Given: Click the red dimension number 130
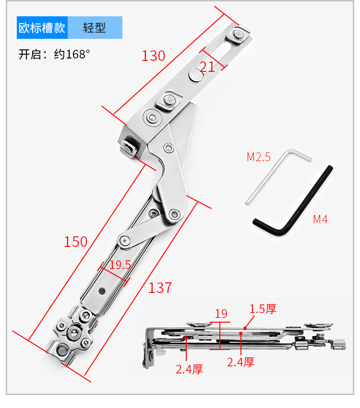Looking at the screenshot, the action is pyautogui.click(x=154, y=56).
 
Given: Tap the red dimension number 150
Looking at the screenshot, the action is pyautogui.click(x=75, y=242).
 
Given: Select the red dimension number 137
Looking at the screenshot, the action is pyautogui.click(x=160, y=288).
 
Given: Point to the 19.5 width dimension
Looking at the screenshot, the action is pyautogui.click(x=120, y=265).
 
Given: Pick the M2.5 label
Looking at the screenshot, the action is pyautogui.click(x=259, y=157).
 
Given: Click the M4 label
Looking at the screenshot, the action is pyautogui.click(x=321, y=220).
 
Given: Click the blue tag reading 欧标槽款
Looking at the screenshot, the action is pyautogui.click(x=42, y=28).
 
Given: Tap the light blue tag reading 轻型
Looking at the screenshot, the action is pyautogui.click(x=95, y=28).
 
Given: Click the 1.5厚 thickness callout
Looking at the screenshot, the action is pyautogui.click(x=263, y=309).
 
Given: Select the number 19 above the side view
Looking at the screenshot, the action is pyautogui.click(x=221, y=314).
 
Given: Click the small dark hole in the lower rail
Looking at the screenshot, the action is pyautogui.click(x=102, y=291).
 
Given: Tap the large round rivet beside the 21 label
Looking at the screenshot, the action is pyautogui.click(x=196, y=75).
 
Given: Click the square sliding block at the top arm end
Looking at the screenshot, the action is pyautogui.click(x=238, y=35).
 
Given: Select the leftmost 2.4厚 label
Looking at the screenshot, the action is pyautogui.click(x=189, y=369).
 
